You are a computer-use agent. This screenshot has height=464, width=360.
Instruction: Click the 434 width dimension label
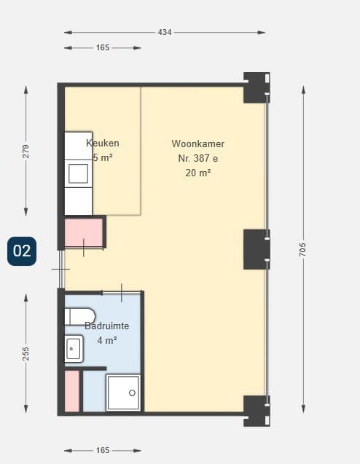(x=164, y=32)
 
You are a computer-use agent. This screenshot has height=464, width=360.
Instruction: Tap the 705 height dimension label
(x=302, y=249)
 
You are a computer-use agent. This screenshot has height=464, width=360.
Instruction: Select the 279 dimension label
(x=26, y=152)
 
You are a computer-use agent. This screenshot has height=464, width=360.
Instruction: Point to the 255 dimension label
(x=26, y=353)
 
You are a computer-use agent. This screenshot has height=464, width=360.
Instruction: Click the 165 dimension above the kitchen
(x=103, y=47)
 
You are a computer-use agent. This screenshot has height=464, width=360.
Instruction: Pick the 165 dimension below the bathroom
(x=103, y=450)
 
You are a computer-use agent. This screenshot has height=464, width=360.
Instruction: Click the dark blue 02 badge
(x=22, y=251)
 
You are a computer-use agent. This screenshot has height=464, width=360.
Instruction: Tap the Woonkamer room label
(x=197, y=143)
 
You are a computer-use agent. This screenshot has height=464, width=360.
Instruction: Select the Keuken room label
(x=103, y=143)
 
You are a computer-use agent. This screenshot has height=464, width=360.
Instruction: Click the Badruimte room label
(x=107, y=326)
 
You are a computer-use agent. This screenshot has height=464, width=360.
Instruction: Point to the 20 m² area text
(x=198, y=173)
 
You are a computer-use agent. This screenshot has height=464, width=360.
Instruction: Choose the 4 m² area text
(x=107, y=341)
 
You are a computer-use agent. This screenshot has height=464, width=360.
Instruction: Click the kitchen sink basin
(x=79, y=173)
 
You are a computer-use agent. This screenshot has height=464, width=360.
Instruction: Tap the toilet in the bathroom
(x=80, y=317)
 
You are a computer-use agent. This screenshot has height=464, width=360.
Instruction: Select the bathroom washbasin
(x=74, y=349)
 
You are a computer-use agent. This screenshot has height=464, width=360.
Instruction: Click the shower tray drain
(x=132, y=393)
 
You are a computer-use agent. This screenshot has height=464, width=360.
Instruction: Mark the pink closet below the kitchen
(x=84, y=232)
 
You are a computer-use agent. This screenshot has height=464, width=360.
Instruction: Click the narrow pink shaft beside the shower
(x=72, y=391)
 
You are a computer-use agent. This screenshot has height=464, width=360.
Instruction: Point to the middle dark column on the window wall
(x=257, y=249)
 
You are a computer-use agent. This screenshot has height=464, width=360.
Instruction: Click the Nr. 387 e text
(x=198, y=158)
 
